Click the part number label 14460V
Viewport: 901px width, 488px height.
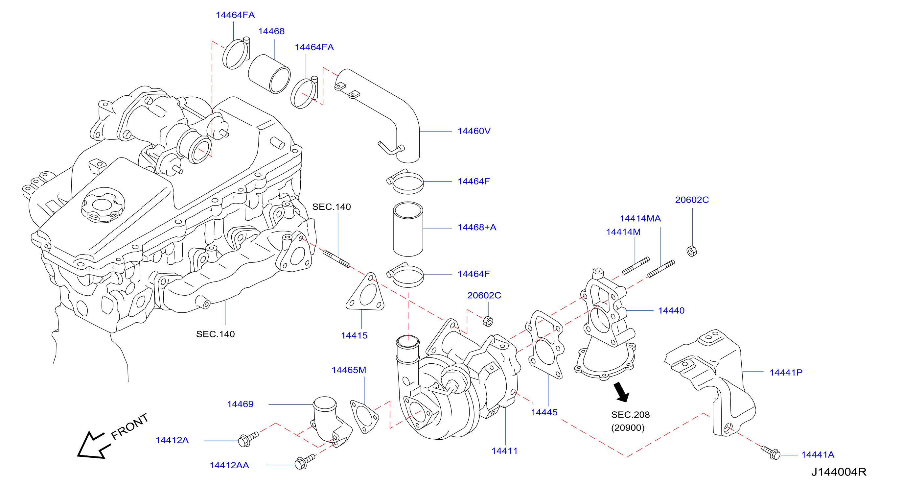pos(474,131)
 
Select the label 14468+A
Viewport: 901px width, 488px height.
pos(477,227)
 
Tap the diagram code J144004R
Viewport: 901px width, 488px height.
pos(839,472)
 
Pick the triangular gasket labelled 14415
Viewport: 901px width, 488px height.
pos(365,292)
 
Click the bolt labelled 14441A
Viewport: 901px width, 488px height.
pos(771,452)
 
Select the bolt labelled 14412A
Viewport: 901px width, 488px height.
pos(248,439)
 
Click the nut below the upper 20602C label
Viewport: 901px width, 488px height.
pos(692,251)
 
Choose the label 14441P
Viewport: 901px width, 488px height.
pos(786,373)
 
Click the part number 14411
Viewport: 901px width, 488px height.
pos(504,451)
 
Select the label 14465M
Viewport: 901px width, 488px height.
pos(349,370)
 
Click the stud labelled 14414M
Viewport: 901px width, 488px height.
pos(636,266)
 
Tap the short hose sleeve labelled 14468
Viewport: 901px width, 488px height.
pos(269,74)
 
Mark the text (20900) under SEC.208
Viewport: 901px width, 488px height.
pos(628,428)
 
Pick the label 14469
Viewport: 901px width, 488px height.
pos(240,404)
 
